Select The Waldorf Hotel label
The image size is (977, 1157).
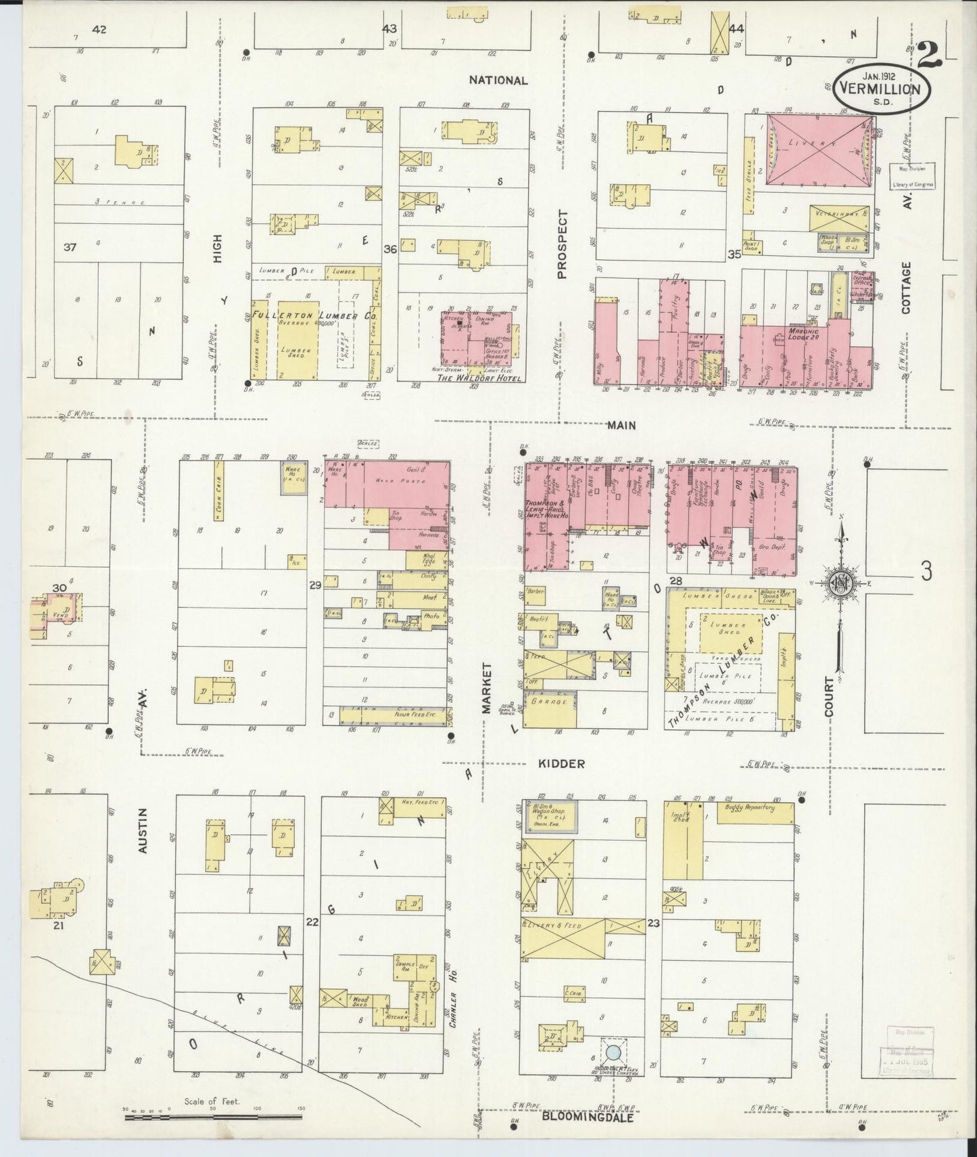[471, 378]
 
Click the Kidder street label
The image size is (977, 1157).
[561, 763]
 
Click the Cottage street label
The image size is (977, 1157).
[906, 288]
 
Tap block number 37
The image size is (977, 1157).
[69, 248]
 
